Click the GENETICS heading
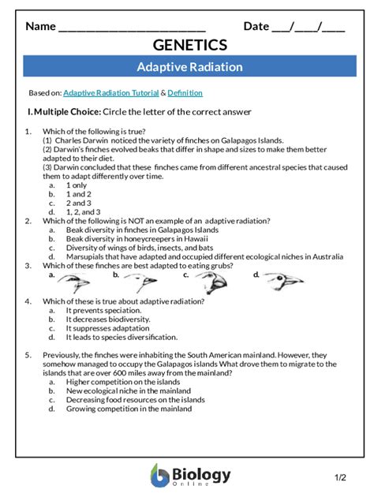coord(189,45)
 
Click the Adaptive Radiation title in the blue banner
coord(189,67)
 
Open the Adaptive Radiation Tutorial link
coord(111,93)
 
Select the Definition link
coord(185,93)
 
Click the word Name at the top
coord(40,26)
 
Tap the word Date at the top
coord(256,26)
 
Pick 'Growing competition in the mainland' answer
coord(129,409)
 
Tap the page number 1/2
coord(340,478)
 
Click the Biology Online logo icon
coord(159,476)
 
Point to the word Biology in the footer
coord(203,473)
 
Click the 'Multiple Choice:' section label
coord(65,111)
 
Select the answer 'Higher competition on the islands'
coord(123,381)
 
